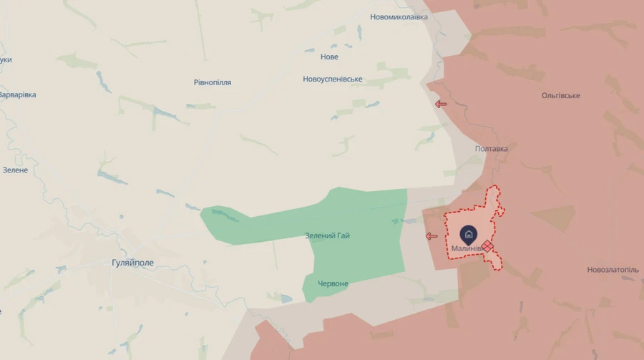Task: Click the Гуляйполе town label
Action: [x=133, y=263]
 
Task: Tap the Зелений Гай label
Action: [x=328, y=235]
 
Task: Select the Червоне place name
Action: [x=333, y=283]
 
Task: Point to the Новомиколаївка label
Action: [x=399, y=16]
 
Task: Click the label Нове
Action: [x=330, y=57]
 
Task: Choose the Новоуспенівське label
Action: [x=333, y=79]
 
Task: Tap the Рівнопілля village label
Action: [x=213, y=82]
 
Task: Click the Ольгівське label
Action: [x=561, y=95]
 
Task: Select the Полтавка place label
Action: [x=492, y=149]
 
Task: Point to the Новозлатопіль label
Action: [x=613, y=270]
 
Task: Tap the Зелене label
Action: [x=15, y=170]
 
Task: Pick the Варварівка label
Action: [x=17, y=94]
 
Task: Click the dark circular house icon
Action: [x=469, y=233]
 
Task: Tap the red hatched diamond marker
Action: [x=487, y=245]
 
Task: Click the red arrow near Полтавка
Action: [x=441, y=104]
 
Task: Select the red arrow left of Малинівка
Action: [x=431, y=235]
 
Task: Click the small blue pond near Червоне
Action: [x=286, y=298]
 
